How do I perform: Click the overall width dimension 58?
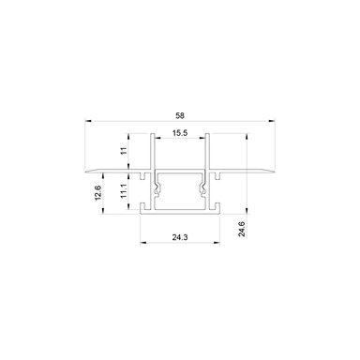pyautogui.click(x=179, y=114)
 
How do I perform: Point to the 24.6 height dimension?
pyautogui.click(x=242, y=230)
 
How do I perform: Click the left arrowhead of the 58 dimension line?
pyautogui.click(x=86, y=121)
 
